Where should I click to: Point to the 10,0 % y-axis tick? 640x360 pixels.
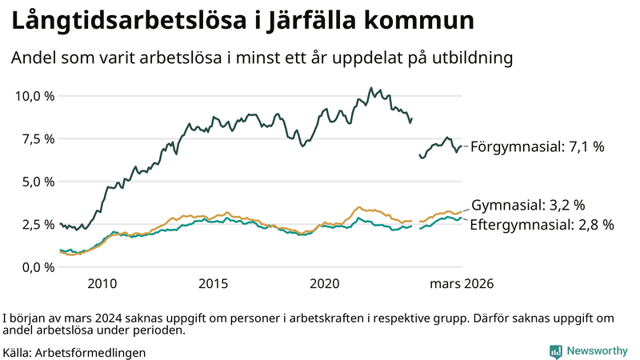click(x=34, y=96)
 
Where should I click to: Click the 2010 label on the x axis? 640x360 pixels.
click(x=102, y=284)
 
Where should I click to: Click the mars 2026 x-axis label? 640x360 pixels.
click(x=462, y=284)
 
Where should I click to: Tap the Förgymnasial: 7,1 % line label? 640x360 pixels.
click(x=537, y=147)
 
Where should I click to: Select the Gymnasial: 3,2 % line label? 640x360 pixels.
click(x=528, y=206)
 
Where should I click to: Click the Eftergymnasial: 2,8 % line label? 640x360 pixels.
click(x=542, y=225)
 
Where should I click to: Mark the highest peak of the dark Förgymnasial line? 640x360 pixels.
click(x=370, y=88)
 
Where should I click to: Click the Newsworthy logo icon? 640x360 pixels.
click(x=555, y=351)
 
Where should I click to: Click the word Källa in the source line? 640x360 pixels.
click(x=18, y=352)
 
